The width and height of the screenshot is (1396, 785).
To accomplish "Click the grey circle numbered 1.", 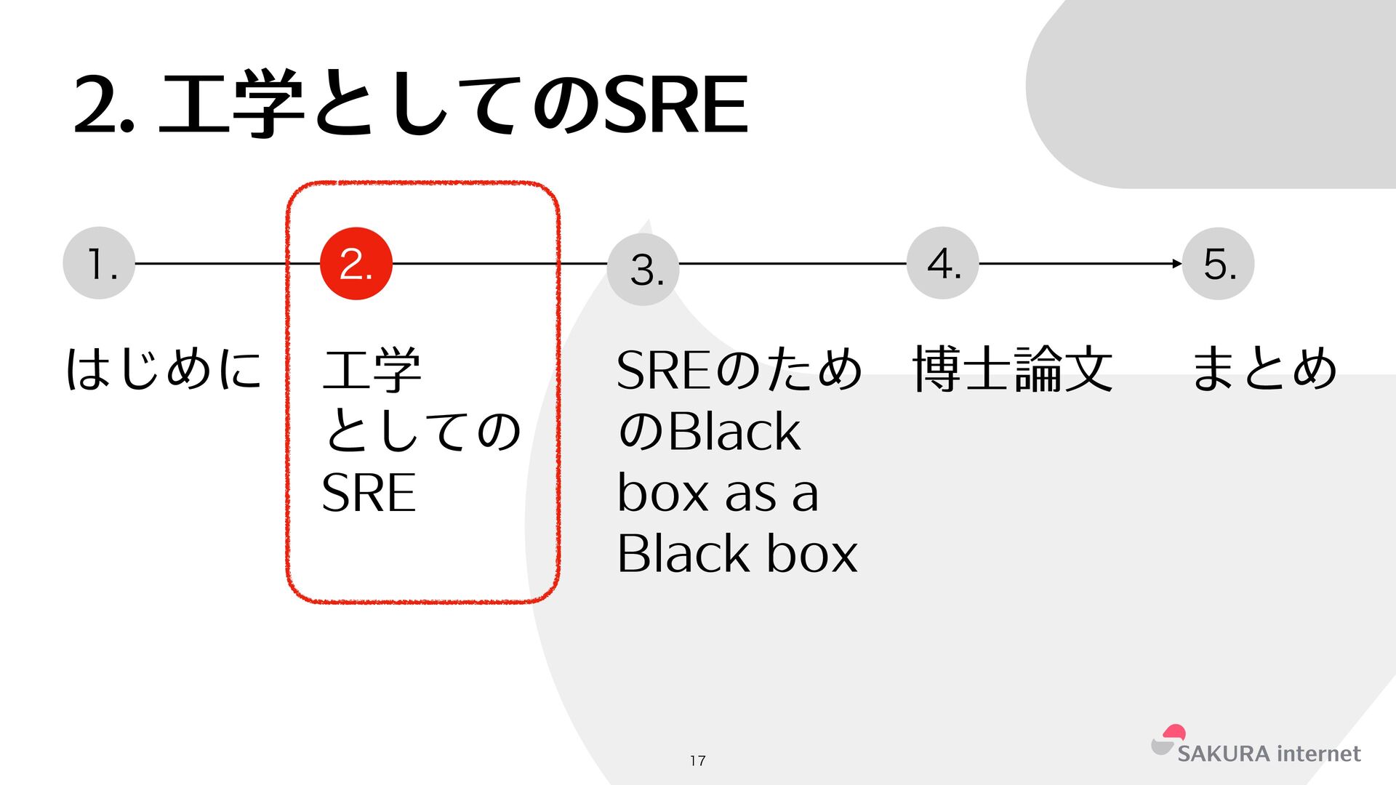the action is (99, 263).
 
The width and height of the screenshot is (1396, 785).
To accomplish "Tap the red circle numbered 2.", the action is (356, 263).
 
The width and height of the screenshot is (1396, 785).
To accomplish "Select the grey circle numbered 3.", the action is (643, 269).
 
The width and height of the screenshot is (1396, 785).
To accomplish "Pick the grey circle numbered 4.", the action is (943, 262).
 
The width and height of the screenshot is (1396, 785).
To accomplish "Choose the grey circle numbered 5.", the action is (1219, 263).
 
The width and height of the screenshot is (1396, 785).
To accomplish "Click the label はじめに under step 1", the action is (164, 369).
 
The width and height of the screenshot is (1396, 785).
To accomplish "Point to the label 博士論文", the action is (1012, 369).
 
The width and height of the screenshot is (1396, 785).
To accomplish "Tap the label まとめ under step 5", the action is (1264, 369).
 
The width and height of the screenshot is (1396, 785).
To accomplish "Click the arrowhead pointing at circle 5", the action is (1177, 263).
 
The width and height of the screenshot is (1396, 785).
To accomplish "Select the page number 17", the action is (698, 760).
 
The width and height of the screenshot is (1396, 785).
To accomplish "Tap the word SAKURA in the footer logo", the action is (1223, 754).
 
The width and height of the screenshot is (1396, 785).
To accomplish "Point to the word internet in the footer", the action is (1318, 754).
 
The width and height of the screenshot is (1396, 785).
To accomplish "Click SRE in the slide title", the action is (676, 105).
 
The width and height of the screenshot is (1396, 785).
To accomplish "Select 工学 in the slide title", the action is (231, 105).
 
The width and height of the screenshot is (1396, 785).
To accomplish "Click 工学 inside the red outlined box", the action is (372, 369).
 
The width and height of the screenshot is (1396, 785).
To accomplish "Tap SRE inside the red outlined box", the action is (369, 493).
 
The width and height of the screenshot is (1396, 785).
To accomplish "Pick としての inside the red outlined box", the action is (422, 431).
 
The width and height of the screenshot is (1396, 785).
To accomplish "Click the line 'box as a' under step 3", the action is (718, 493).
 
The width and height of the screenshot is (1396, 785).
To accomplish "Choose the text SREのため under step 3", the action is (739, 369).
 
